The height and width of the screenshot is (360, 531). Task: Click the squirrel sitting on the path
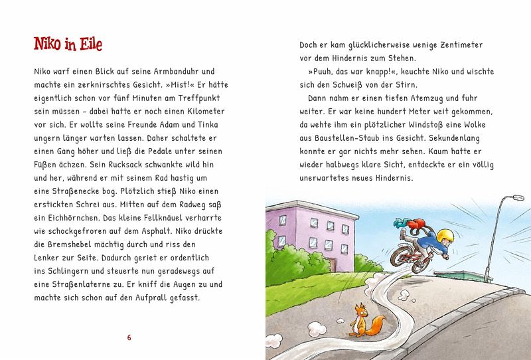pyautogui.click(x=360, y=321)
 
